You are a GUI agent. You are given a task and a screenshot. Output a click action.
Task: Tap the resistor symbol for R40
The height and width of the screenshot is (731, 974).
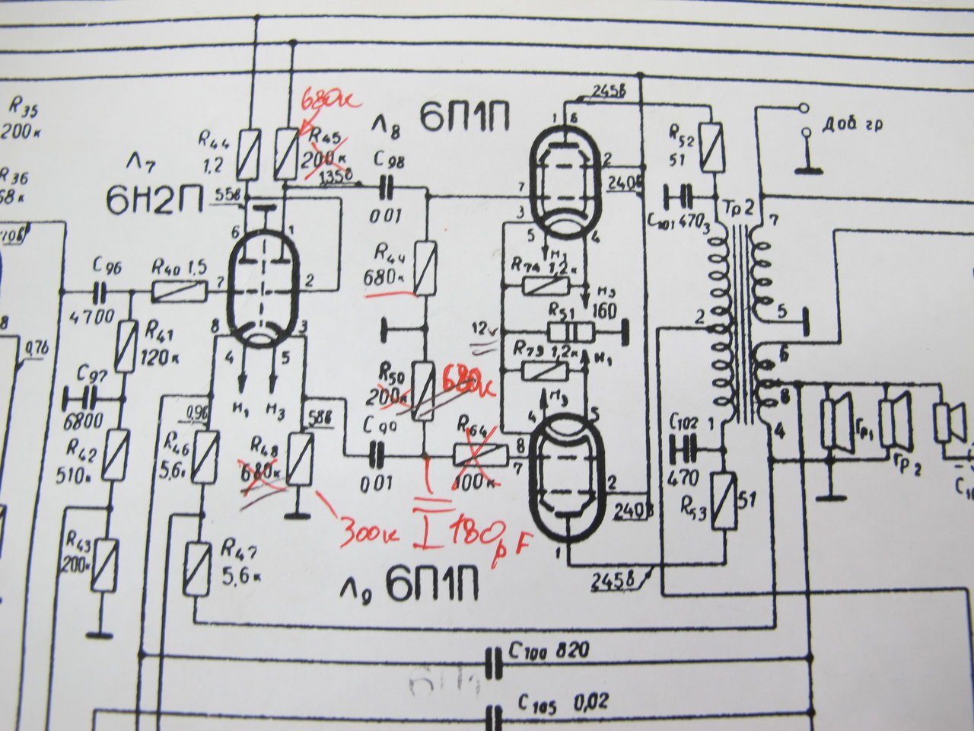click(180, 289)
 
